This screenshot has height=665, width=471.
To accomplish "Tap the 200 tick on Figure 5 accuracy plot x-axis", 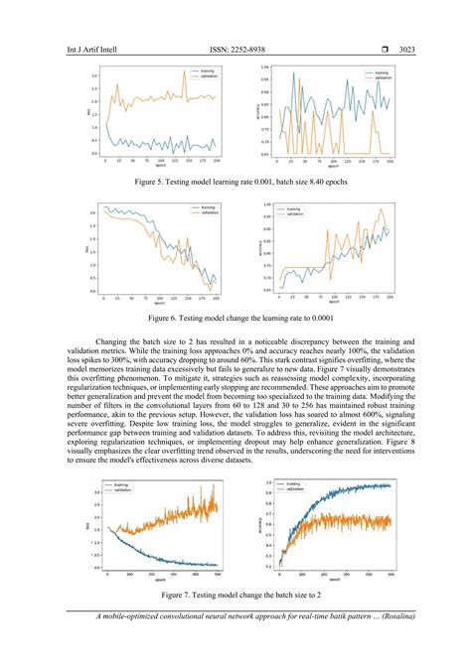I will click(391, 161).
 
